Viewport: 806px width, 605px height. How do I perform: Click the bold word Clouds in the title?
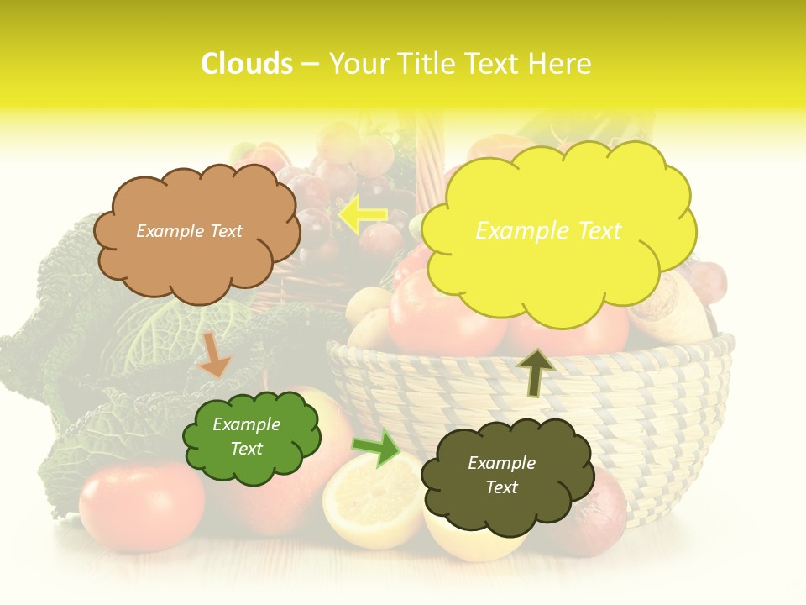[x=247, y=64]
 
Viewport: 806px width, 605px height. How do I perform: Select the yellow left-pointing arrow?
[x=363, y=216]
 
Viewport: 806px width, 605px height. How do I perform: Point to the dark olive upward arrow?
[x=535, y=372]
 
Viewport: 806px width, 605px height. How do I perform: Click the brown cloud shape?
[x=196, y=269]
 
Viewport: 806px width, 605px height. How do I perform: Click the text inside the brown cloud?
[x=189, y=231]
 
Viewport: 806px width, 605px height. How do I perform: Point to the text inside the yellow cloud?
[x=548, y=231]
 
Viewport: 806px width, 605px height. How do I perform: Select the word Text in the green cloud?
[x=247, y=449]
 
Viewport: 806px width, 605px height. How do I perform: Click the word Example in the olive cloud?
[x=501, y=463]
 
